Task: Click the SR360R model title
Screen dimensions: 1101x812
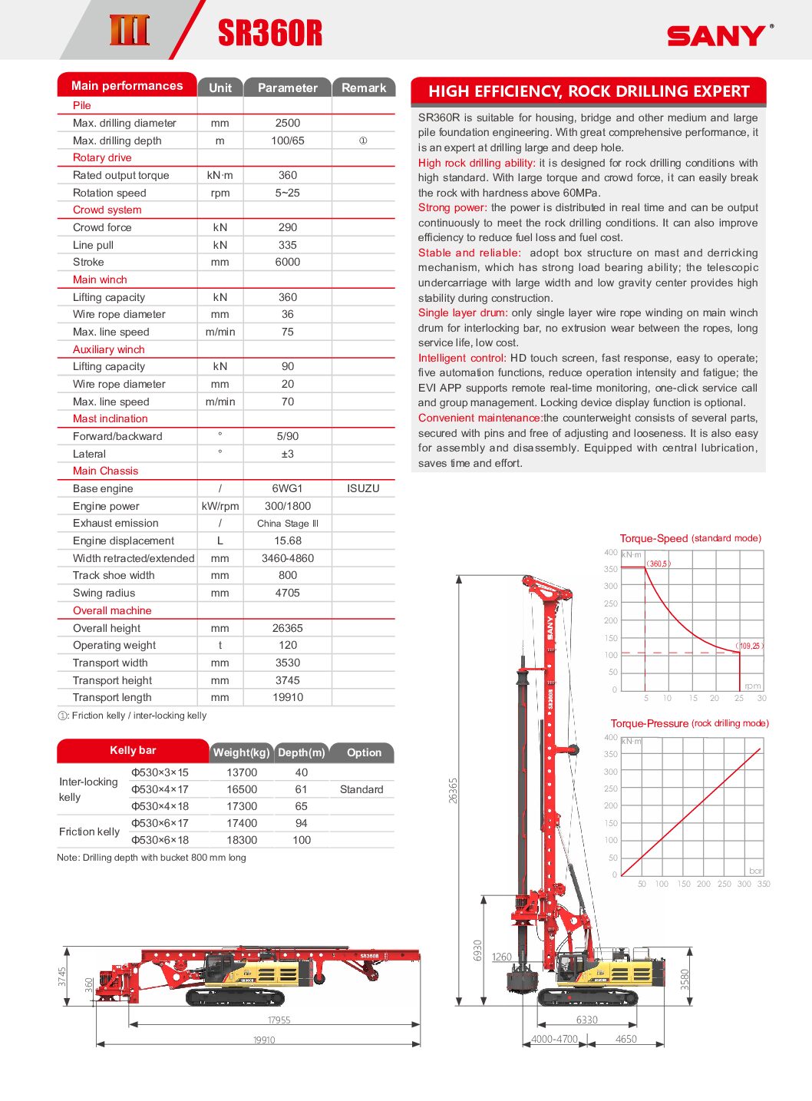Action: pyautogui.click(x=269, y=33)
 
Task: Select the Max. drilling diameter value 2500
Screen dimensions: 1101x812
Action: pyautogui.click(x=288, y=123)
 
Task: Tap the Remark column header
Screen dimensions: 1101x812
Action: pyautogui.click(x=364, y=88)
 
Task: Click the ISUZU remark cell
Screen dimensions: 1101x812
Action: pyautogui.click(x=363, y=488)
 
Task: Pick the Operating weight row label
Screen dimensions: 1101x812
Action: pyautogui.click(x=114, y=645)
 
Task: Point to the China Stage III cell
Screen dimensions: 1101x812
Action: pyautogui.click(x=288, y=524)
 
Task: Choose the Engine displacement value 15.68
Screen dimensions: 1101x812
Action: pyautogui.click(x=288, y=541)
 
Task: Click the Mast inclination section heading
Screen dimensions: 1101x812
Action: pyautogui.click(x=111, y=418)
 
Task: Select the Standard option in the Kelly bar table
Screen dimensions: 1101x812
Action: pyautogui.click(x=361, y=789)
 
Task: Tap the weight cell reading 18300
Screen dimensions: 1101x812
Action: pyautogui.click(x=242, y=840)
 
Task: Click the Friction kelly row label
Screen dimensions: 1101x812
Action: pyautogui.click(x=90, y=832)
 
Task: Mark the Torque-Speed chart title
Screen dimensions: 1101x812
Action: pyautogui.click(x=690, y=538)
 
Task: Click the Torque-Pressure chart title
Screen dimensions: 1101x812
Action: pyautogui.click(x=689, y=723)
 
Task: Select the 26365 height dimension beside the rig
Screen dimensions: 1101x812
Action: pyautogui.click(x=453, y=790)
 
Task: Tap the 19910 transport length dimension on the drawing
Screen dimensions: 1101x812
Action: pyautogui.click(x=264, y=1040)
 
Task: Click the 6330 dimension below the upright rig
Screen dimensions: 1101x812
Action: pyautogui.click(x=587, y=1020)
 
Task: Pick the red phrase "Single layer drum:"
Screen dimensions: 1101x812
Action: pyautogui.click(x=463, y=312)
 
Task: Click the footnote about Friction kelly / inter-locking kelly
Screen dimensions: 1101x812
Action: pyautogui.click(x=132, y=716)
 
